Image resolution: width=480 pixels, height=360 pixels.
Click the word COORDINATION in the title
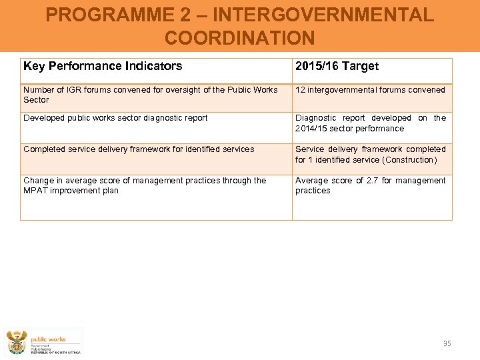point(239,38)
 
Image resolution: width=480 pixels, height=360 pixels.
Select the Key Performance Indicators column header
point(103,66)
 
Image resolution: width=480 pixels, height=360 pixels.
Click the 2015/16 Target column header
point(337,66)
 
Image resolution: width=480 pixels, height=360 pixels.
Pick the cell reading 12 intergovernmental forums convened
point(370,90)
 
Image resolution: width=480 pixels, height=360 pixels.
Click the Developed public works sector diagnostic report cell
point(115,118)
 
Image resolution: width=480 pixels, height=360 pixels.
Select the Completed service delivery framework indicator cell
point(139,149)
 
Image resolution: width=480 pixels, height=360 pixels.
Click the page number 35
point(447,343)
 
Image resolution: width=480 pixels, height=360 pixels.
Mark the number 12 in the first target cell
point(300,90)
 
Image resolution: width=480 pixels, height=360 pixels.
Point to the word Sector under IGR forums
point(36,100)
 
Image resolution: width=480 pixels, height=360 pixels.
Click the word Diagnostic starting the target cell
point(317,118)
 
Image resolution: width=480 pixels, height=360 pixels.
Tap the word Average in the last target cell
point(311,181)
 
